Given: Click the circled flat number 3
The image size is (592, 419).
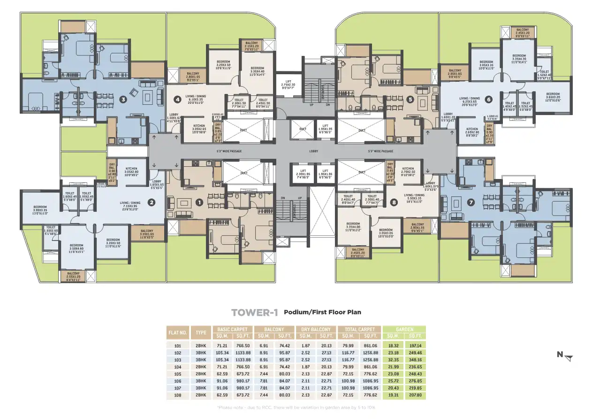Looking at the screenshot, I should tap(123, 99).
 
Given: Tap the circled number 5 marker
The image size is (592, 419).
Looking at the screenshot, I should tap(410, 99).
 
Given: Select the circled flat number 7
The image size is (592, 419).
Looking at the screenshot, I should tap(471, 202).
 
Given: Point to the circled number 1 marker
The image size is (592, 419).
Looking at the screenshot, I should tap(199, 202).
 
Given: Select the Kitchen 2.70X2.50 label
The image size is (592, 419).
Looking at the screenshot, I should tap(408, 171).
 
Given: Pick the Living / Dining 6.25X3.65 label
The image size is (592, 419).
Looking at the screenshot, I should tap(470, 101).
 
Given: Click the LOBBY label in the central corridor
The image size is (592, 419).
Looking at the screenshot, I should tap(313, 151).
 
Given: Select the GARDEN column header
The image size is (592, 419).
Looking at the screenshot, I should tap(404, 329).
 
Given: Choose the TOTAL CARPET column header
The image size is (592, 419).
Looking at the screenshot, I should tap(360, 329).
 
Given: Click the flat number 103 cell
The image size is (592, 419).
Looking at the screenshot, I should tap(178, 359).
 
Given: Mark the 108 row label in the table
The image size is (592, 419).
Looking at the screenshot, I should tap(178, 396).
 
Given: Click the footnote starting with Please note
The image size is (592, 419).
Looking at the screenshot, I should tap(296, 407).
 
